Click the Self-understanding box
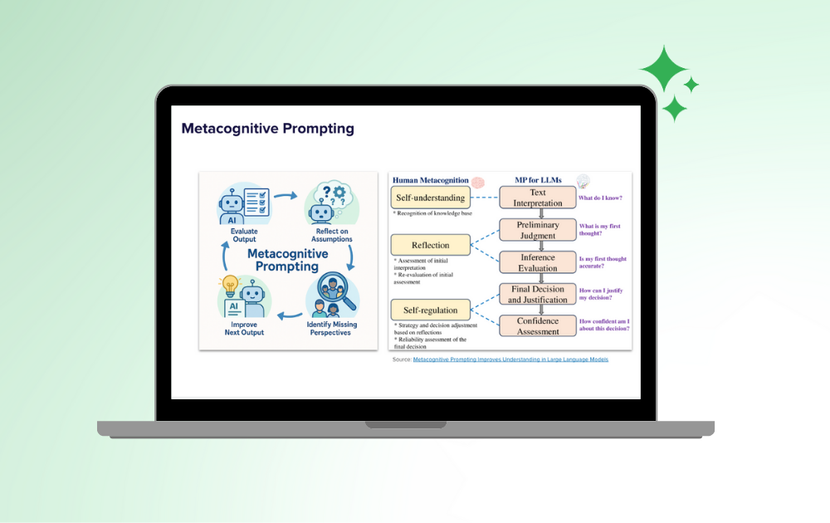[430, 197]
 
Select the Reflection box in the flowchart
[430, 245]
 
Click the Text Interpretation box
[537, 198]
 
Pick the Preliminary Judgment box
[537, 230]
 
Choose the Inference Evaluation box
[537, 262]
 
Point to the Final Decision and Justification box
[537, 295]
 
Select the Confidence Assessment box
[537, 326]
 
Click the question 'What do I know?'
[600, 198]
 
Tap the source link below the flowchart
[510, 359]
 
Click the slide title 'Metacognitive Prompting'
[267, 129]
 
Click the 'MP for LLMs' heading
[537, 180]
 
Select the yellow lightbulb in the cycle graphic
[231, 284]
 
